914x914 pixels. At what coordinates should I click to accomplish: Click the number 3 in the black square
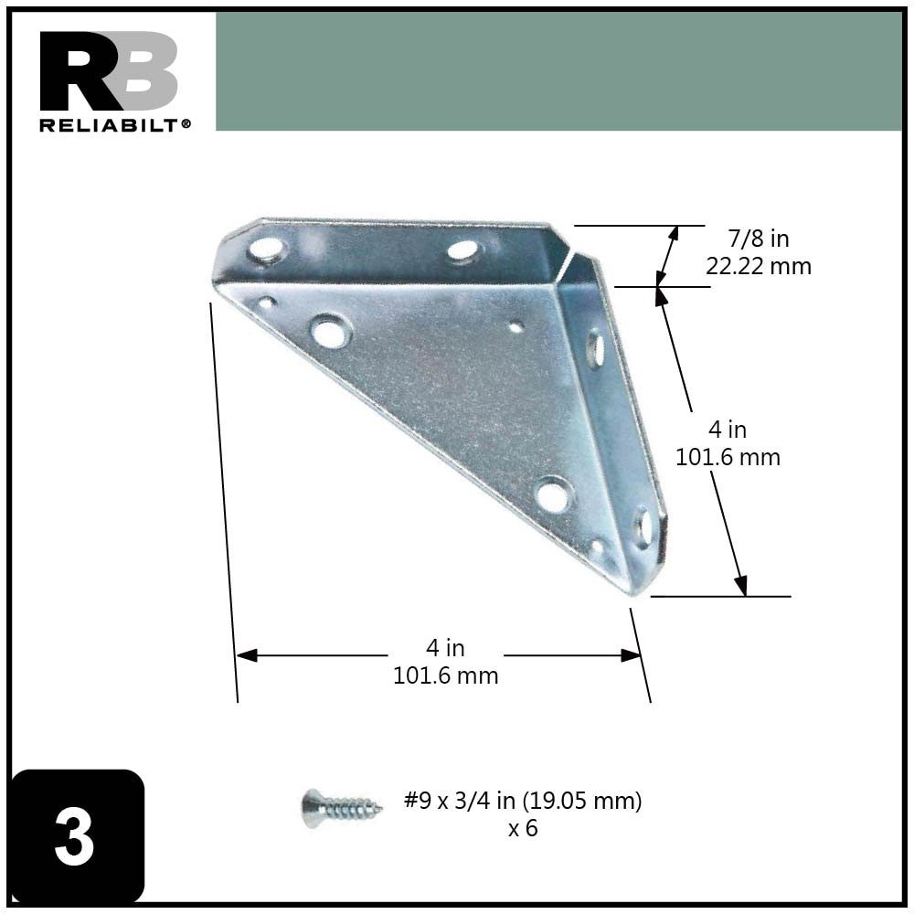[x=74, y=837]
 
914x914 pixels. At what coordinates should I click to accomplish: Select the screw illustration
[x=340, y=808]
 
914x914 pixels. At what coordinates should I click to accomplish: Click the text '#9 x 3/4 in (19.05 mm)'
[x=523, y=802]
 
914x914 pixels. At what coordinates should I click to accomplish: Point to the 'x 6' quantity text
[x=523, y=830]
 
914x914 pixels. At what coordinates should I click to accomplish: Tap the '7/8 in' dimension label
[x=759, y=239]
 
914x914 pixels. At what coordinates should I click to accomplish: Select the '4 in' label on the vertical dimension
[x=728, y=429]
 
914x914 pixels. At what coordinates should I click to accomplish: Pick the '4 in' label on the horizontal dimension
[x=445, y=648]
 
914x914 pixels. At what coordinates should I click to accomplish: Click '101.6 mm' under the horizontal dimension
[x=445, y=676]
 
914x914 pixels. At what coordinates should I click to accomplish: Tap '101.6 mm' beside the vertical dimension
[x=728, y=457]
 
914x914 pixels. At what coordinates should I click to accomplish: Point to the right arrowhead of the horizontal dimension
[x=631, y=655]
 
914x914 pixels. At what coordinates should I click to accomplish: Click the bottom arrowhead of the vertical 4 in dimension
[x=741, y=585]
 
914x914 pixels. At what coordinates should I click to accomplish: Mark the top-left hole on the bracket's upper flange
[x=266, y=248]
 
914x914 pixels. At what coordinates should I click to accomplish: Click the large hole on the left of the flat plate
[x=330, y=330]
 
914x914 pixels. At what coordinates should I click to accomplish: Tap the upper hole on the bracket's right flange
[x=595, y=348]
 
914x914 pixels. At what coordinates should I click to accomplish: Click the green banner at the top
[x=558, y=71]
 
